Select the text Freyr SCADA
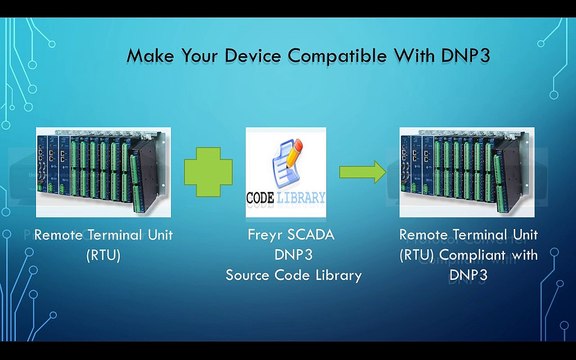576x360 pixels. click(x=287, y=237)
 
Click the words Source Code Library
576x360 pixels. click(x=288, y=274)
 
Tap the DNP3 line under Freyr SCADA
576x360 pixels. click(x=287, y=256)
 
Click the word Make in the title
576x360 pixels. click(x=151, y=56)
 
